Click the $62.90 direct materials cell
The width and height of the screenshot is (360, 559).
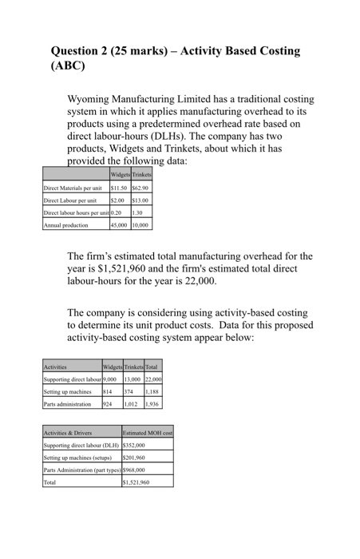click(141, 188)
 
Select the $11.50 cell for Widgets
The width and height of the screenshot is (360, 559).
click(121, 188)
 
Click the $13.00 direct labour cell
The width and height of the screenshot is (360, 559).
click(140, 200)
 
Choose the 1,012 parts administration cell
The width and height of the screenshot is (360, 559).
click(132, 404)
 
